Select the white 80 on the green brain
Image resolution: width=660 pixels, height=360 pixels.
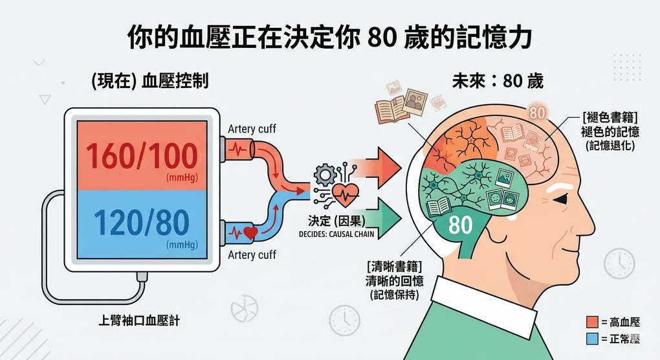(460, 226)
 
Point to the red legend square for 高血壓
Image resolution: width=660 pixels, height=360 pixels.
(591, 322)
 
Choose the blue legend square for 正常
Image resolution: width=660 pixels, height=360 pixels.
(591, 339)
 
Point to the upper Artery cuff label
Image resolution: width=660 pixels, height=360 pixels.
(252, 129)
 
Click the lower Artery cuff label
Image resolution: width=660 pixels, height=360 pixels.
(252, 254)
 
